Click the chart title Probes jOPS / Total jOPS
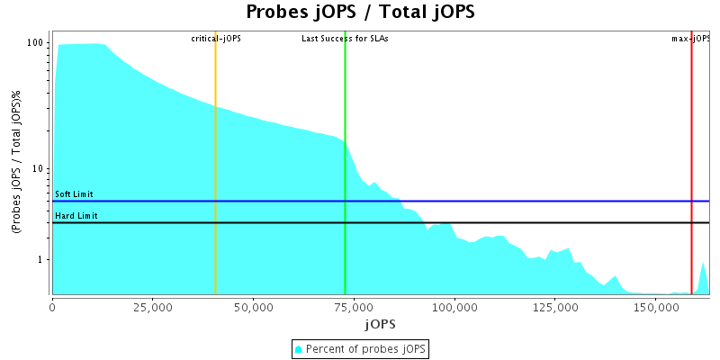coord(360,13)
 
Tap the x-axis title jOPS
coord(379,323)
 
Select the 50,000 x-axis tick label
coord(253,307)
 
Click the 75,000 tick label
coord(354,307)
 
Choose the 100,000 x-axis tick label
coord(454,307)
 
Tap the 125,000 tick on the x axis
coord(555,307)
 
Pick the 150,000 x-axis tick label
coord(656,307)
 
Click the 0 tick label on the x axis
coord(52,307)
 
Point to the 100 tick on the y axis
coord(36,43)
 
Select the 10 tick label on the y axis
coord(39,169)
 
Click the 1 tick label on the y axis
coord(41,260)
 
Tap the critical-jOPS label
coord(216,39)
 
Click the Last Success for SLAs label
coord(345,39)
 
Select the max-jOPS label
coord(691,39)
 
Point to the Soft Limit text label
coord(74,194)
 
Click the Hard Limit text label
coord(76,216)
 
